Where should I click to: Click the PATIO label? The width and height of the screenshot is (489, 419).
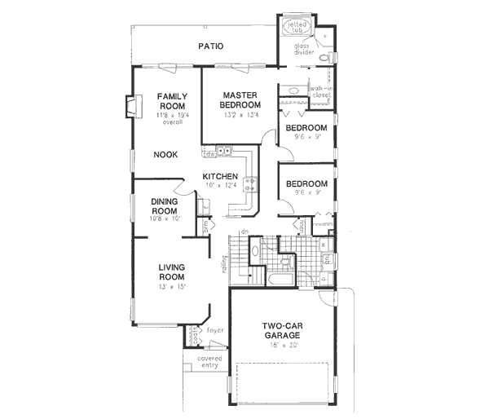tap(211, 46)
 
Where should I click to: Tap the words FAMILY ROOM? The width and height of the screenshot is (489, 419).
tap(171, 102)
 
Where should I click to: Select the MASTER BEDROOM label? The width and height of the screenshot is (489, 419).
tap(241, 100)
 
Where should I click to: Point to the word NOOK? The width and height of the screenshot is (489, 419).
tap(165, 154)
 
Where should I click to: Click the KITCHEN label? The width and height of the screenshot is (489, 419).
tap(220, 177)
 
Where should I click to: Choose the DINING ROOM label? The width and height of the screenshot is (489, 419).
tap(165, 206)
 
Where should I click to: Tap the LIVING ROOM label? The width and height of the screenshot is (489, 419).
tap(171, 272)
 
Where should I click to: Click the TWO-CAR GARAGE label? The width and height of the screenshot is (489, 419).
tap(282, 331)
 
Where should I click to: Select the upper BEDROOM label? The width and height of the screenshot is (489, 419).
tap(306, 128)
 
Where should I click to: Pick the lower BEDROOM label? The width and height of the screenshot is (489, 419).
tap(306, 184)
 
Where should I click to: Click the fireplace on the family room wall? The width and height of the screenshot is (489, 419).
tap(129, 106)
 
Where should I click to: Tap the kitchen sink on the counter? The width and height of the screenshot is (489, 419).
tap(219, 152)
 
